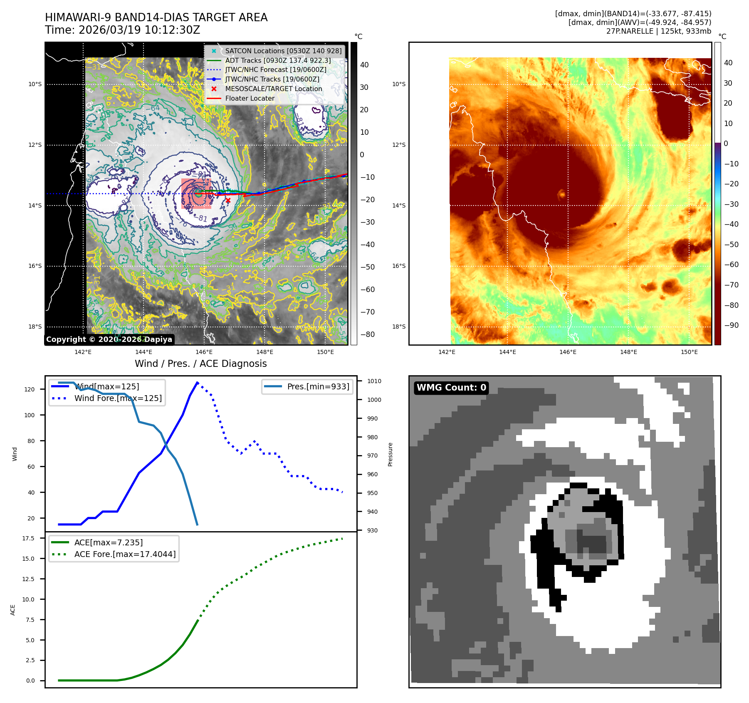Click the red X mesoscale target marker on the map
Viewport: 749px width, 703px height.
point(228,201)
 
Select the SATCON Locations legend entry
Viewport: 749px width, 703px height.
point(283,51)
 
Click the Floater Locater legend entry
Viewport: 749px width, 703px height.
point(250,98)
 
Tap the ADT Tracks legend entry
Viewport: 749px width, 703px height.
point(278,60)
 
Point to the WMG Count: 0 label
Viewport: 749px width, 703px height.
point(451,388)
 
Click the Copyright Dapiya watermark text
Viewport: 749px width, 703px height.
point(109,339)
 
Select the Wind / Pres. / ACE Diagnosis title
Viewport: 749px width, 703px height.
point(200,364)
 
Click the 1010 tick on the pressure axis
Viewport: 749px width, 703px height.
point(374,381)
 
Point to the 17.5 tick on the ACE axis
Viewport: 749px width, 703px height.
point(28,538)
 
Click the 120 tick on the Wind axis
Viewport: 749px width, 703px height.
point(30,389)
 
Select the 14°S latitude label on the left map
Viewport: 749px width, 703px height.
point(35,205)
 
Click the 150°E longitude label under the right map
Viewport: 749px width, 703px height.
point(689,352)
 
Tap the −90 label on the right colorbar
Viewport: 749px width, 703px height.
point(731,325)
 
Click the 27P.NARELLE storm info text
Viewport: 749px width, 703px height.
point(658,31)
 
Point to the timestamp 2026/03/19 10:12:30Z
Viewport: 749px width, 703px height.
point(139,30)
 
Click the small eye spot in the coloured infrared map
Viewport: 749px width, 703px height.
point(562,194)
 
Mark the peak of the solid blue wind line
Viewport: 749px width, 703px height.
point(197,382)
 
